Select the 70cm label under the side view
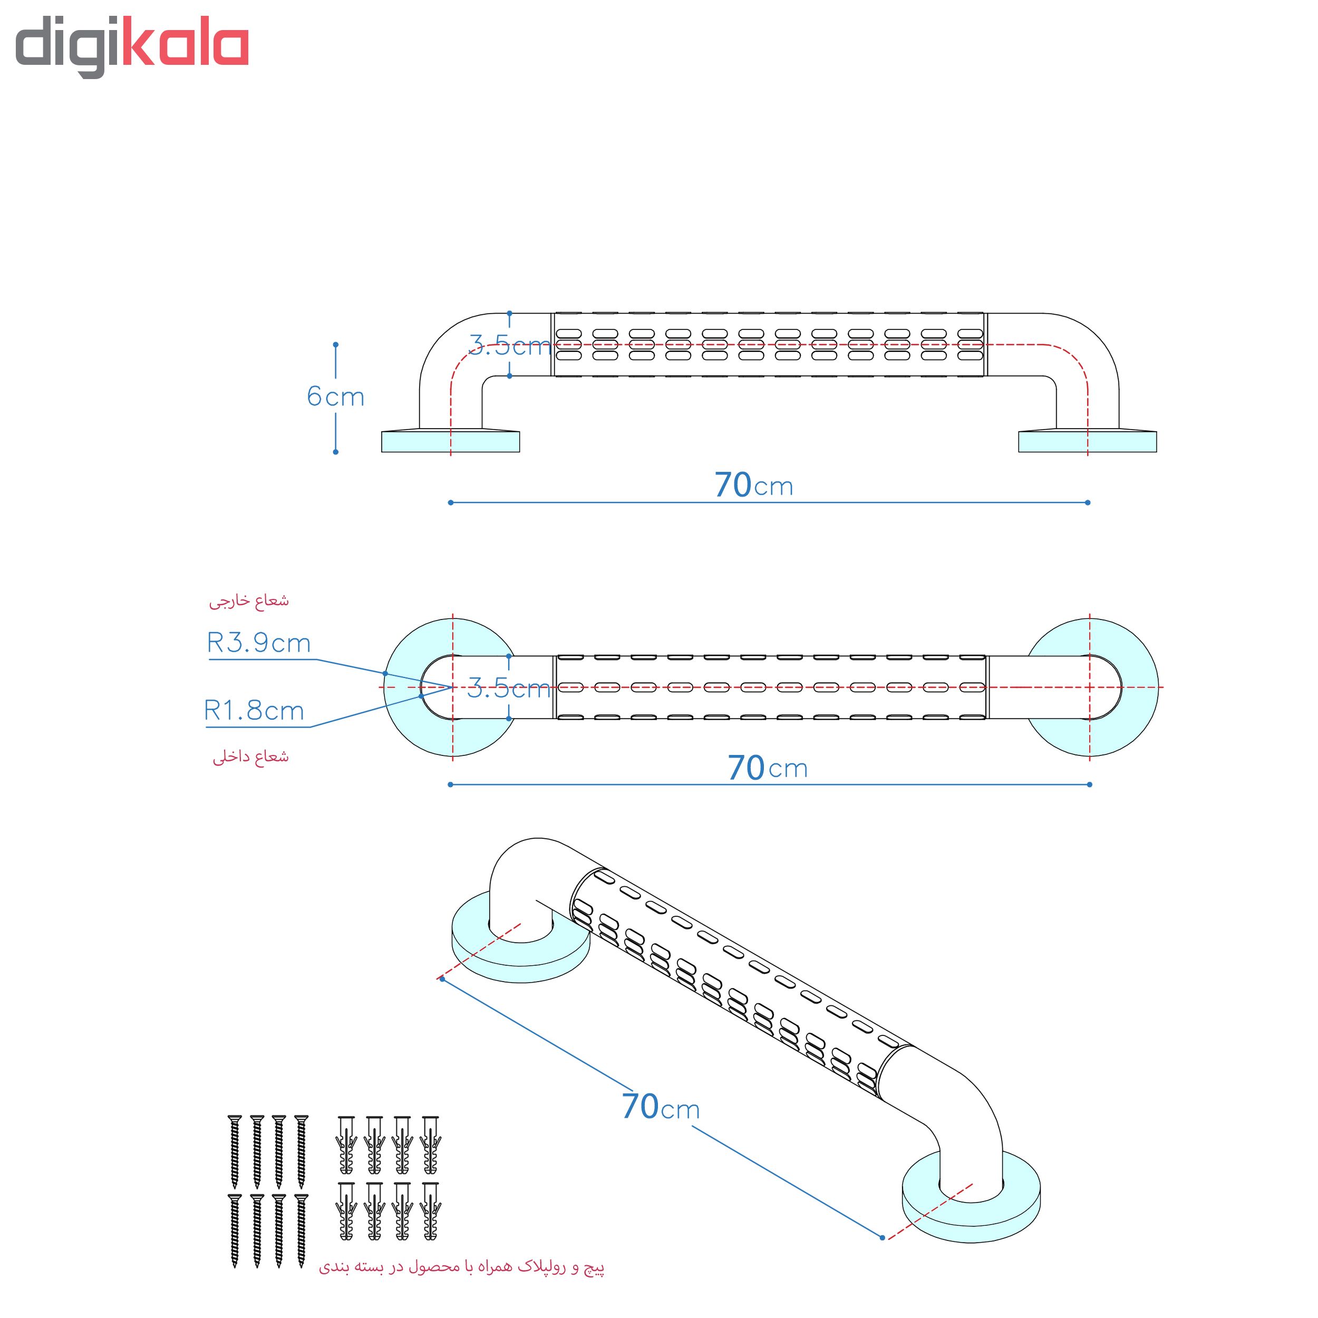[x=754, y=485]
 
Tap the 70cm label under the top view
[x=768, y=768]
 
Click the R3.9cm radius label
[x=258, y=643]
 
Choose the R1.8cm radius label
[x=254, y=710]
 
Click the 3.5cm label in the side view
[x=510, y=345]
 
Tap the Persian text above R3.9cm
[x=249, y=600]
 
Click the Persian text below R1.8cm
[x=250, y=757]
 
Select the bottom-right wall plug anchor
[x=431, y=1211]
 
